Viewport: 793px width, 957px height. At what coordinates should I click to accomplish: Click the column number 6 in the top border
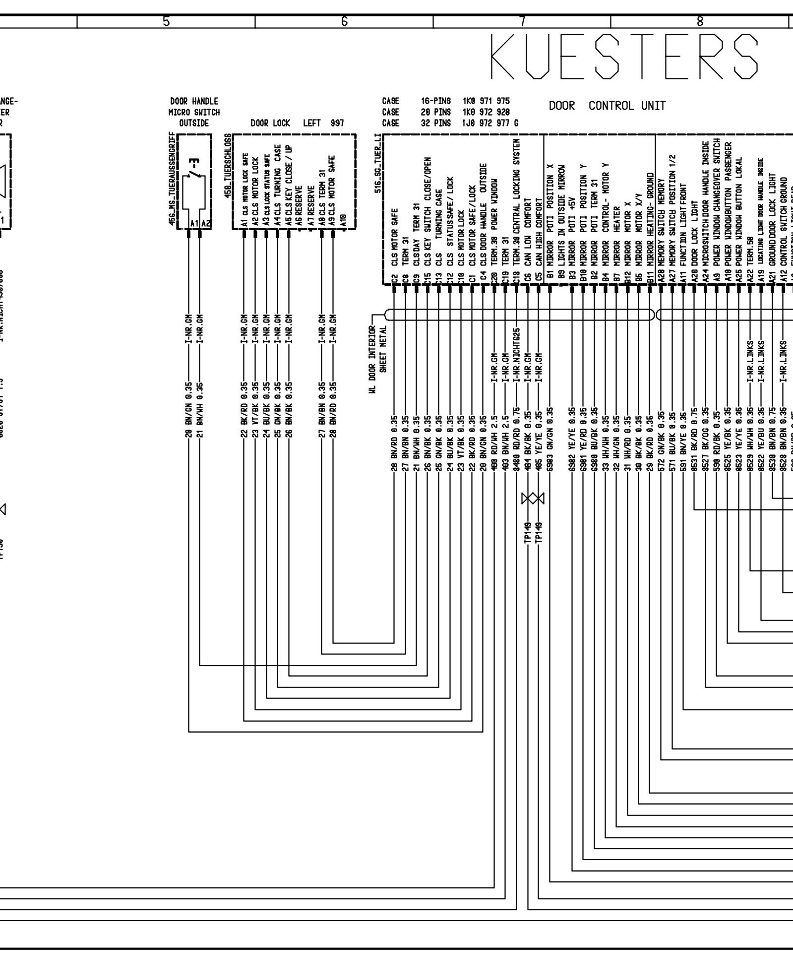coord(344,21)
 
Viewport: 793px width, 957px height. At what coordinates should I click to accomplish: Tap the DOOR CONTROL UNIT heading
coord(607,106)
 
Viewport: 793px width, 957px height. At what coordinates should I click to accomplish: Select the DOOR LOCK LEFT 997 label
coord(297,123)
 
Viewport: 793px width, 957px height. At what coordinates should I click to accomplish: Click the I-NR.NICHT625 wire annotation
coord(516,349)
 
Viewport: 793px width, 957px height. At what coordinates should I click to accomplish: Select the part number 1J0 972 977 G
coord(490,123)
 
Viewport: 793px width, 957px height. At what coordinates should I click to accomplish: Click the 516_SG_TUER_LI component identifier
coord(378,162)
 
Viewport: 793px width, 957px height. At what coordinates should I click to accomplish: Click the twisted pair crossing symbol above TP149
coord(533,499)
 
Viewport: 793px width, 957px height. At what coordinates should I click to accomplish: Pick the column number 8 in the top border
coord(700,21)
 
